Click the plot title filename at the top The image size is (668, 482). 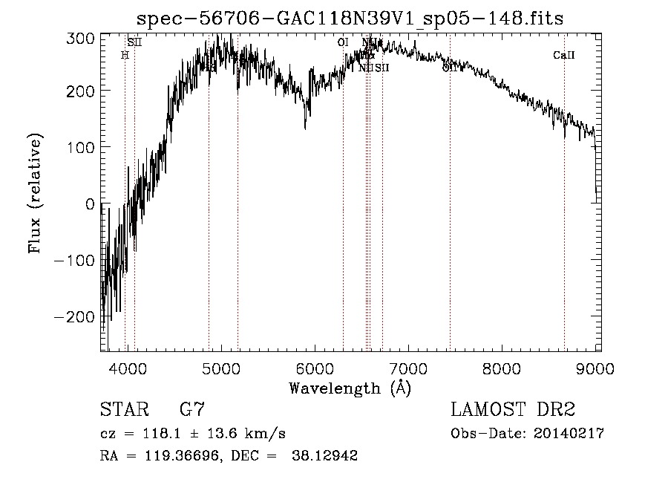(350, 19)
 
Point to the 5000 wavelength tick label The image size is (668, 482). (221, 368)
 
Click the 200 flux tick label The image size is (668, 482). (79, 91)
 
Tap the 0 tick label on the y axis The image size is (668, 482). (88, 203)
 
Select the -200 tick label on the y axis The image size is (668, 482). (74, 316)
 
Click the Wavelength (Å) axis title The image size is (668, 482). (350, 388)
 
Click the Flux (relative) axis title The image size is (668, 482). (35, 194)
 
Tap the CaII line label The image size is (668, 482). (564, 55)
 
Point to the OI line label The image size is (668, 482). (342, 42)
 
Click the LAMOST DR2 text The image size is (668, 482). (513, 409)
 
